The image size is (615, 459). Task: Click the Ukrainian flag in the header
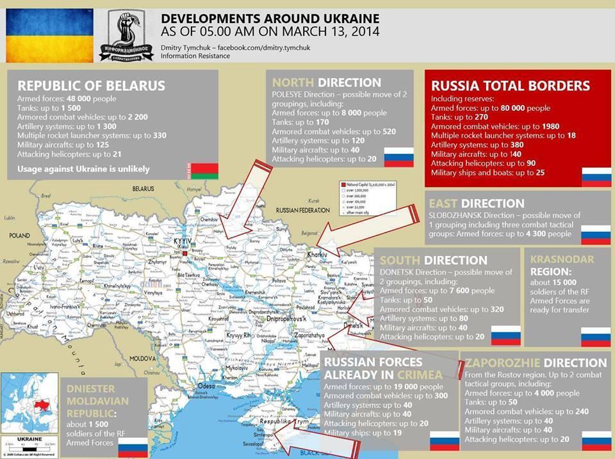[50, 36]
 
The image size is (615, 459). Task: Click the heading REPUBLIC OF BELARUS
[91, 86]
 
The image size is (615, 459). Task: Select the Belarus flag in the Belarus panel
[205, 171]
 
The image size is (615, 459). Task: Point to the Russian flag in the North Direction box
[398, 157]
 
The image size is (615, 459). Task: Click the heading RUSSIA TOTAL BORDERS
[510, 86]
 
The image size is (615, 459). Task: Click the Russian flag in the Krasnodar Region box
[595, 337]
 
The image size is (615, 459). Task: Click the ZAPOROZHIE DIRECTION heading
[536, 362]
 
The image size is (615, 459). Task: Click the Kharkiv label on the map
[318, 255]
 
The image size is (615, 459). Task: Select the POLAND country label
[20, 236]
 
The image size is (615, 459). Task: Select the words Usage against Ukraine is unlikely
[83, 169]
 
